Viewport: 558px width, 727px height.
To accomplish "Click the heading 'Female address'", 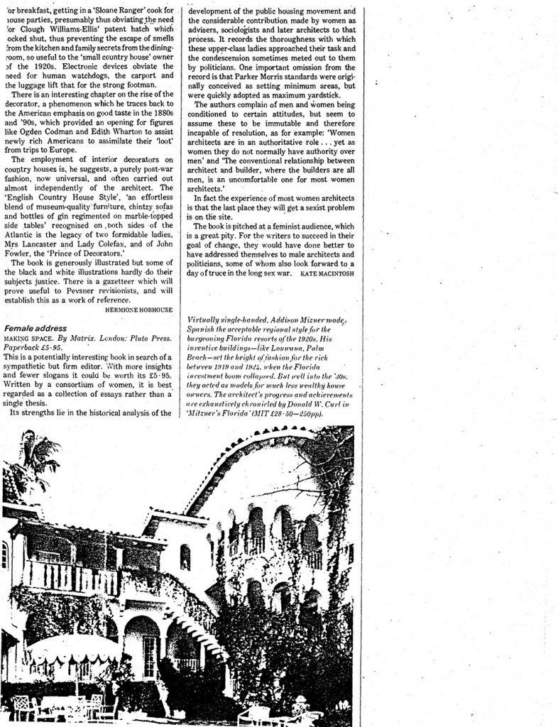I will coord(35,329).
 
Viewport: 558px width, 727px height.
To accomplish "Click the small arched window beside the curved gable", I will coord(185,557).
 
